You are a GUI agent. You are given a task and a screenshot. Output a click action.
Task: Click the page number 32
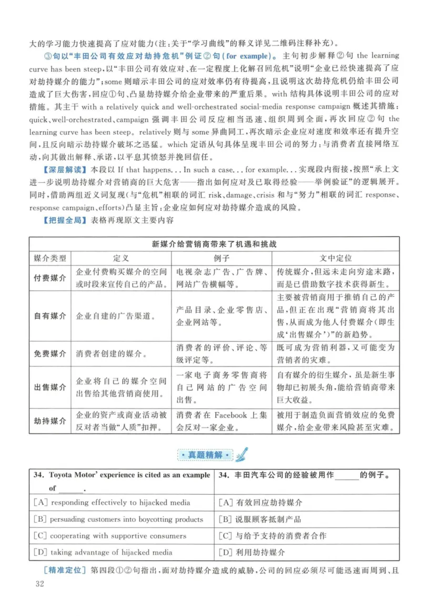coord(38,584)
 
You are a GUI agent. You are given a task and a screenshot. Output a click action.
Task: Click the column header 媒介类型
coord(50,259)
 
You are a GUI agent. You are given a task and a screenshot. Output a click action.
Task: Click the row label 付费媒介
coord(50,278)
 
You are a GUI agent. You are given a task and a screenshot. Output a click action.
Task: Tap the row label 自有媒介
coord(50,316)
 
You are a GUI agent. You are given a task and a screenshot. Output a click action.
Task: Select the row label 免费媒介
coord(50,353)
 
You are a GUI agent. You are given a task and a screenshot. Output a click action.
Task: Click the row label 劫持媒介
coord(50,420)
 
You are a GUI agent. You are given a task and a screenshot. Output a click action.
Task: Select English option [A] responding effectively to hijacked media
coord(112,502)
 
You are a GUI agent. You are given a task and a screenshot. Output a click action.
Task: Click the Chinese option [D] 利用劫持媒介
coord(252,552)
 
